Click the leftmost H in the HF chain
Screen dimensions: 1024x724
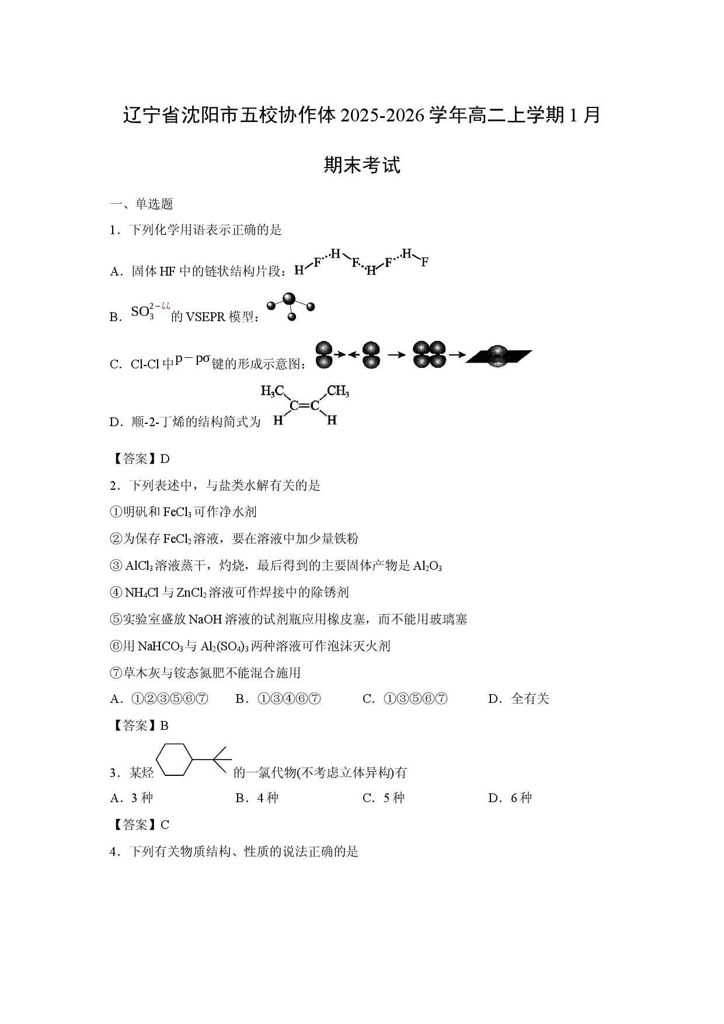[x=298, y=270]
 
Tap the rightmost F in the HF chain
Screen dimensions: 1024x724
[x=424, y=262]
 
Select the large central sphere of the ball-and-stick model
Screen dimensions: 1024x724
[x=288, y=299]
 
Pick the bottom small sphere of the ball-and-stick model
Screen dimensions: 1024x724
[x=292, y=317]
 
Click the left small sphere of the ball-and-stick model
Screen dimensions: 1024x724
[x=271, y=305]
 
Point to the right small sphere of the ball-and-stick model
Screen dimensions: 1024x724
[x=311, y=306]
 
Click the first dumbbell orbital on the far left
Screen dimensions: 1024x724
[x=323, y=354]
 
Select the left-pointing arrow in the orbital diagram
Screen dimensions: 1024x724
[x=354, y=354]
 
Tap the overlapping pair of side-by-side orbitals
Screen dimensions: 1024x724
[x=429, y=354]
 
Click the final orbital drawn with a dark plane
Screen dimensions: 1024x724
[x=498, y=356]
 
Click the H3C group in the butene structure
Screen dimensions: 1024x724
[x=271, y=391]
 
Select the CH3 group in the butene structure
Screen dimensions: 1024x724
[x=338, y=391]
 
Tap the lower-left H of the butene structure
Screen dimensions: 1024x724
[x=278, y=420]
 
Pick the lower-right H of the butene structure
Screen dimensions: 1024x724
[x=332, y=420]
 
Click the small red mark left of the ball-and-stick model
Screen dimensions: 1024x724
[x=166, y=306]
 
